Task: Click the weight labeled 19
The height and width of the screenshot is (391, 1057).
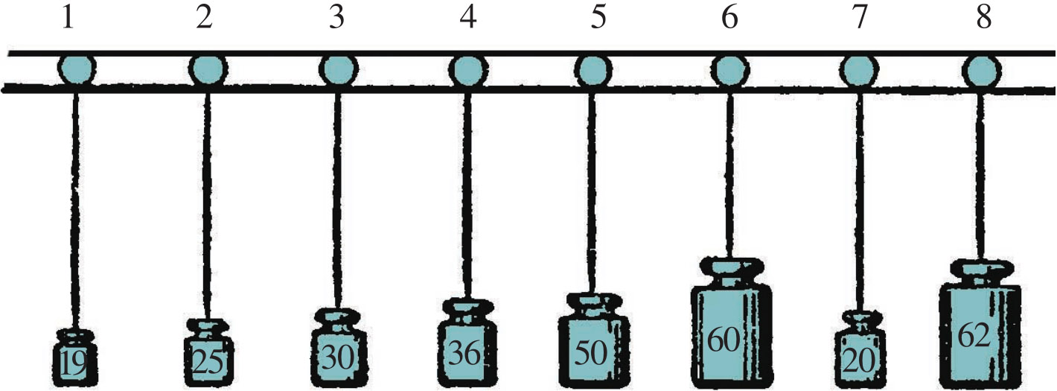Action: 75,357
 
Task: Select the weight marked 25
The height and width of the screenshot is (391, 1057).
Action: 208,352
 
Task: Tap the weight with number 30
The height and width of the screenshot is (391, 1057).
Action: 339,348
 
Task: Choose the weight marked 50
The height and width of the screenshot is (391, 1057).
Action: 593,341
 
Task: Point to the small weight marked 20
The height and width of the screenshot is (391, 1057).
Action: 860,349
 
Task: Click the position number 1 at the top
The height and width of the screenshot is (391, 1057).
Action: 68,19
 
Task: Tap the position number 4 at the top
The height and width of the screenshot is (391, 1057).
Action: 468,19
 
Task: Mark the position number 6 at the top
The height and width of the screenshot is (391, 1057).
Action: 729,19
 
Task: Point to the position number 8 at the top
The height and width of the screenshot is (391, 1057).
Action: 984,19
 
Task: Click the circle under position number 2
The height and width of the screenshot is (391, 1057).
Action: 208,70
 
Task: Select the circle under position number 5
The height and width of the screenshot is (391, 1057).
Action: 593,70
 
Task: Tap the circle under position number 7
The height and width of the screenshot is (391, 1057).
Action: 859,70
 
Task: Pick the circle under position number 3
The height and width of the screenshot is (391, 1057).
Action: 339,70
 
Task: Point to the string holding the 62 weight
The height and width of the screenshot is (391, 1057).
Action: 980,175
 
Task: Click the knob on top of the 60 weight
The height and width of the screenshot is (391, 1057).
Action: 730,273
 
